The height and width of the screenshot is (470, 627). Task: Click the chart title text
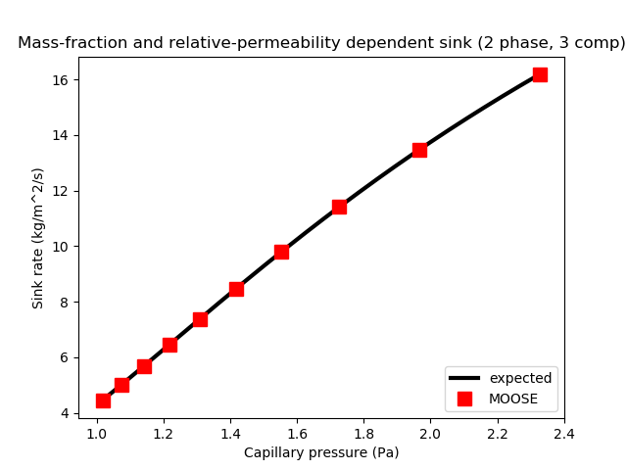(x=321, y=43)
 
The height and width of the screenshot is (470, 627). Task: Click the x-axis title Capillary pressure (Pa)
(x=321, y=452)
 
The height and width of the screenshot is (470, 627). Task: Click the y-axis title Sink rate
(x=38, y=238)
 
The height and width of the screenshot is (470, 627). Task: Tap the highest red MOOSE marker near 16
(x=540, y=74)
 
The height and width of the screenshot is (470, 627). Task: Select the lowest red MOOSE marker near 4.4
(x=103, y=400)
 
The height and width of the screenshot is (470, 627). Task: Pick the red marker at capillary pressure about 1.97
(x=419, y=150)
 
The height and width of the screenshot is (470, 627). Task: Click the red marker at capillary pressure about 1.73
(x=339, y=207)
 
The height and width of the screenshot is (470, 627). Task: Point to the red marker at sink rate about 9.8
(x=281, y=252)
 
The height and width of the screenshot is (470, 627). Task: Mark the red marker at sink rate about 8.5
(x=236, y=289)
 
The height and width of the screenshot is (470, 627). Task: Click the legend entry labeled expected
(x=520, y=378)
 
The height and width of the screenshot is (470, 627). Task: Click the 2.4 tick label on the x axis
(x=564, y=433)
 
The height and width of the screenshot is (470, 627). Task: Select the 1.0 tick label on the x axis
(x=96, y=433)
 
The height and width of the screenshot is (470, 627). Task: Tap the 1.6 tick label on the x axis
(x=297, y=433)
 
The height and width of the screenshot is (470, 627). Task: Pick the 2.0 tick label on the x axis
(x=430, y=433)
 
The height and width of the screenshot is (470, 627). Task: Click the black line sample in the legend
(x=464, y=378)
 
